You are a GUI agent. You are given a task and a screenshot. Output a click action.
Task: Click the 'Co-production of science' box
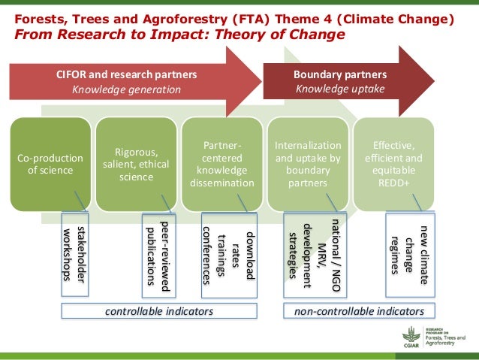click(51, 163)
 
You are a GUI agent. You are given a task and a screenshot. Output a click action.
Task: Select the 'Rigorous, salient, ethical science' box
click(137, 163)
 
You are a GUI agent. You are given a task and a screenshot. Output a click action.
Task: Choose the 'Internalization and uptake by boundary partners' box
click(308, 163)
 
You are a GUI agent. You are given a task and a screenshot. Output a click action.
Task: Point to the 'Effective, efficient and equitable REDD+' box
click(393, 163)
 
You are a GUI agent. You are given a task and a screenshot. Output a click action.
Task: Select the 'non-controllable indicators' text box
click(359, 311)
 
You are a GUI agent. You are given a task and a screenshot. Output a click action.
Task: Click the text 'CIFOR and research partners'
click(127, 75)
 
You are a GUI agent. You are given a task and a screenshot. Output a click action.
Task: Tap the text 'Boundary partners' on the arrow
click(339, 75)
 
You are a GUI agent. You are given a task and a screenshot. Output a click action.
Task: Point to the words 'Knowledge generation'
click(127, 90)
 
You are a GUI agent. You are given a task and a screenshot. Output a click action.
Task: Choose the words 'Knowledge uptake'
click(339, 90)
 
